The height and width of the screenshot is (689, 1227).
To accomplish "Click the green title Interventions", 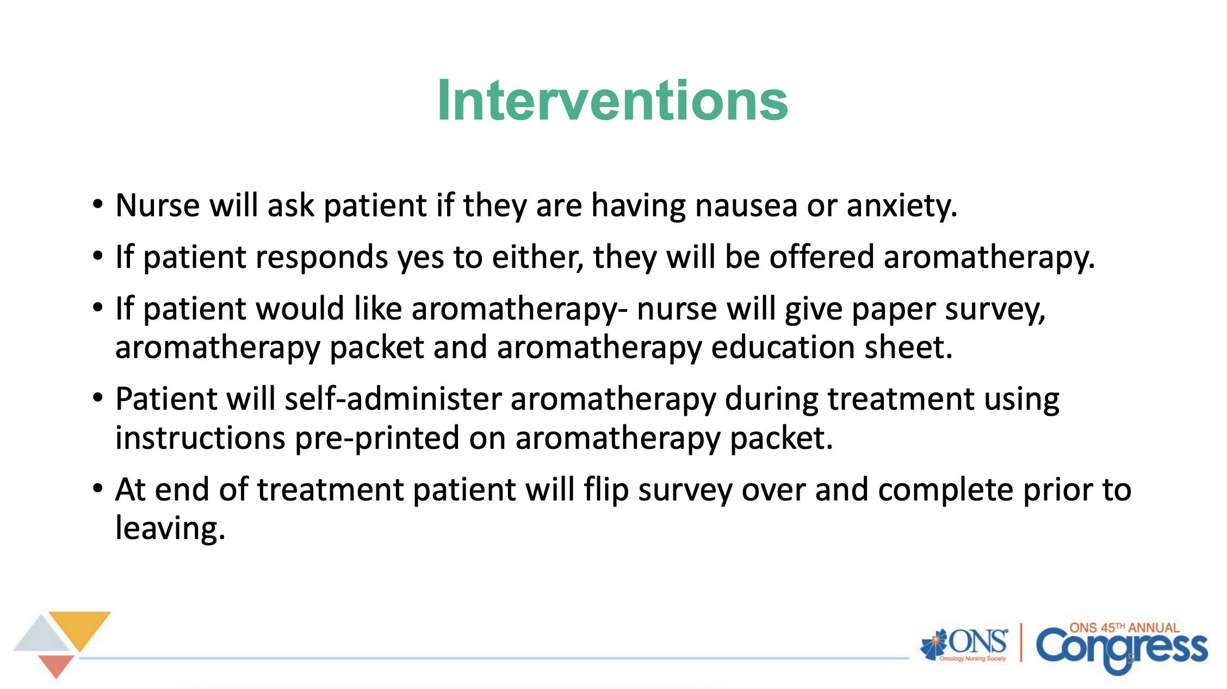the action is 612,101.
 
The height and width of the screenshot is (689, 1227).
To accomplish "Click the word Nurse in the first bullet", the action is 158,205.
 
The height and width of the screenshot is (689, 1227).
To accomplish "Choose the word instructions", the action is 200,438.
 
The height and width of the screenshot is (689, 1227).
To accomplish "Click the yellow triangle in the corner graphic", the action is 79,628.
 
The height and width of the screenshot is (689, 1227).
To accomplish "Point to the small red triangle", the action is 56,665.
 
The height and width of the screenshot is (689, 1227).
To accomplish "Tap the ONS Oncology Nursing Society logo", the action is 964,645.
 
